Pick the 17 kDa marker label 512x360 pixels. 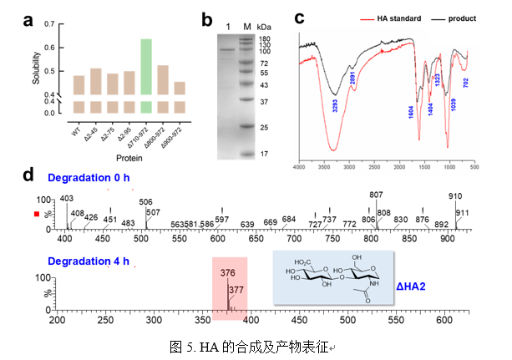click(262, 153)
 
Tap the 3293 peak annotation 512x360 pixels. click(335, 108)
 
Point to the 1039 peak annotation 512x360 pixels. click(452, 105)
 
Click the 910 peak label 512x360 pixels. click(455, 196)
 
